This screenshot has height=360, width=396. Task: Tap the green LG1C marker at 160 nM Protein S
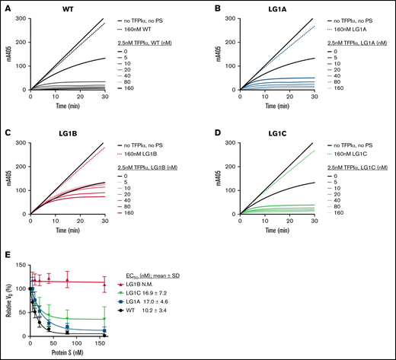[x=125, y=318]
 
